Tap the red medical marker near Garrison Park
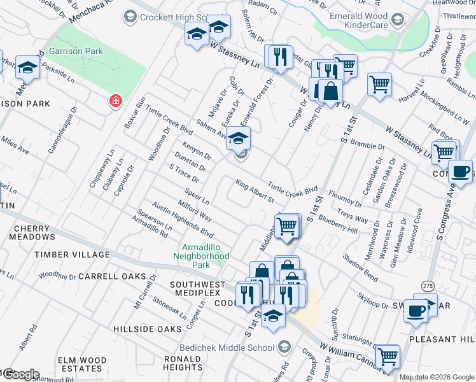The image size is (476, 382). click(x=116, y=101)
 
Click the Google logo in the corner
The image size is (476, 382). click(x=20, y=374)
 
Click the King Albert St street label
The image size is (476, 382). click(x=255, y=192)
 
